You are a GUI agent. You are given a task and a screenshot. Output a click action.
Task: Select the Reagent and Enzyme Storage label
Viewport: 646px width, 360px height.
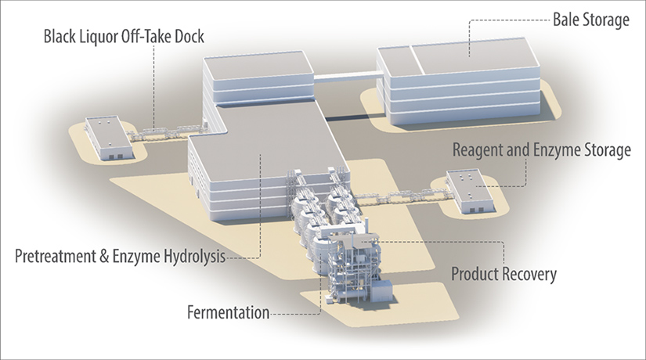pyautogui.click(x=541, y=150)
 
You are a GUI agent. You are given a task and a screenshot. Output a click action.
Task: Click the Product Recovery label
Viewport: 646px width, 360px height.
pyautogui.click(x=504, y=275)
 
